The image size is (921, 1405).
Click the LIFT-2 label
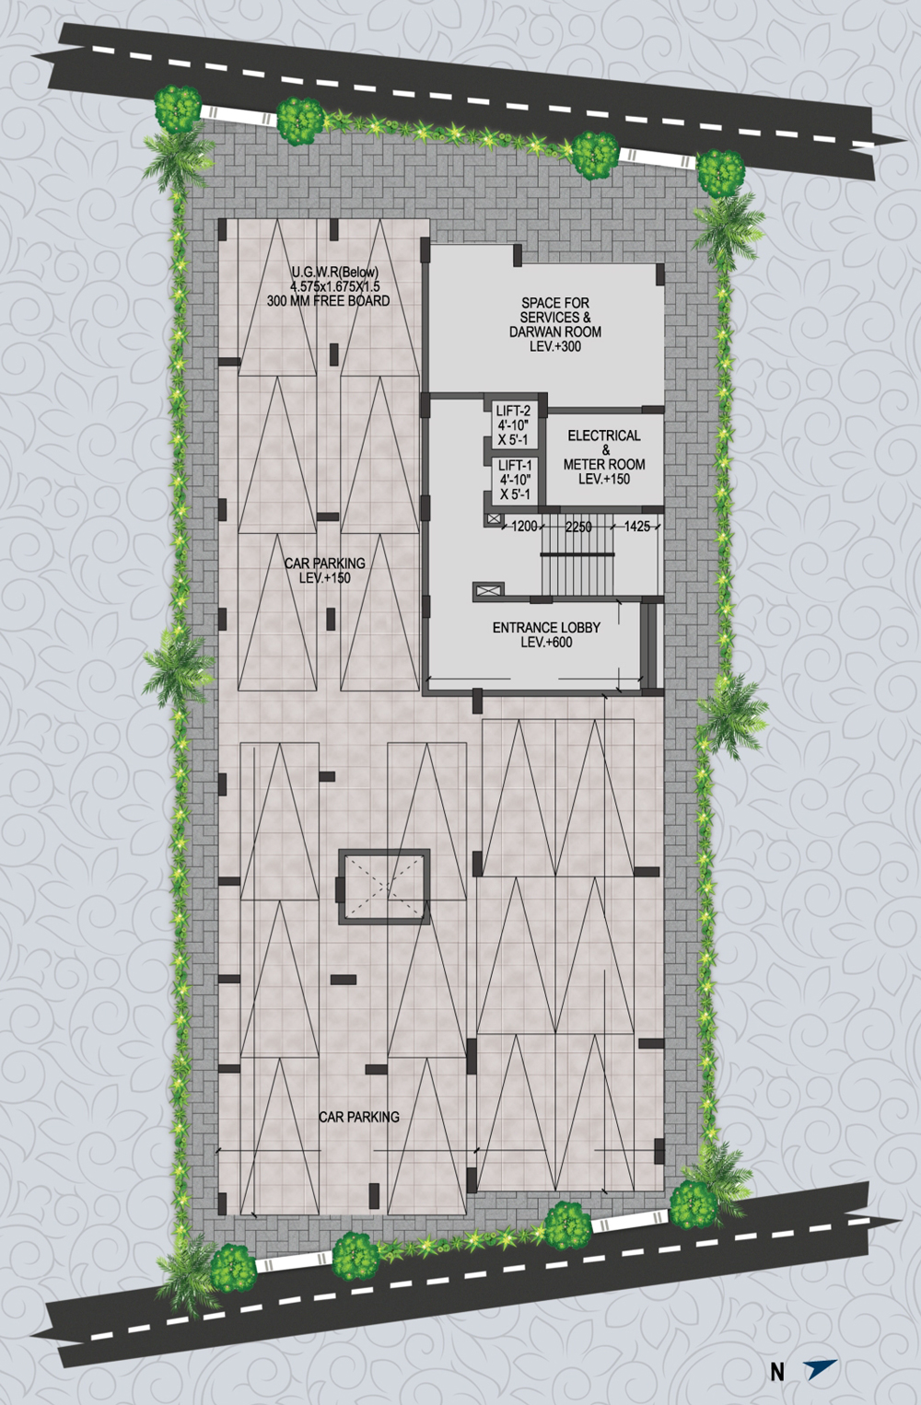click(x=513, y=411)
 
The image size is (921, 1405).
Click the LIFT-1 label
click(x=515, y=465)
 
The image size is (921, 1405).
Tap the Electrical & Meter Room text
click(x=604, y=457)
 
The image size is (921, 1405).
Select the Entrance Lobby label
click(x=546, y=627)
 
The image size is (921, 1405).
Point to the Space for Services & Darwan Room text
click(x=555, y=324)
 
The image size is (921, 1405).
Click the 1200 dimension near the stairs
click(x=524, y=527)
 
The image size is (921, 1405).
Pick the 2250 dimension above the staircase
click(x=578, y=527)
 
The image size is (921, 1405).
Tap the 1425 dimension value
click(x=636, y=527)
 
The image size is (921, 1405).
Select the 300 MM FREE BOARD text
click(x=328, y=301)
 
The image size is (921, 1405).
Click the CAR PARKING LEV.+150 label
click(x=324, y=570)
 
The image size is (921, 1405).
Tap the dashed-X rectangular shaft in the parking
click(x=384, y=887)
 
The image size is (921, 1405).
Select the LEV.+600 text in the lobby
click(x=546, y=643)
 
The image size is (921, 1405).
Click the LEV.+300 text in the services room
click(x=555, y=346)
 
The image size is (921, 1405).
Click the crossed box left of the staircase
click(x=489, y=591)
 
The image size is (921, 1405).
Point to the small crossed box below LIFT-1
click(x=493, y=518)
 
